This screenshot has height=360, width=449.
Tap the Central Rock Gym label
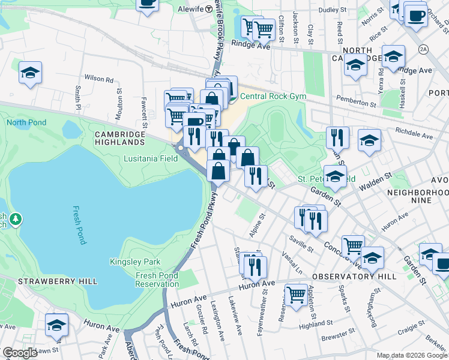(x=273, y=97)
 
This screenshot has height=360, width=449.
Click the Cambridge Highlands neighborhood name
(x=119, y=138)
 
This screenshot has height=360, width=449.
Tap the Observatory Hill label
(x=354, y=277)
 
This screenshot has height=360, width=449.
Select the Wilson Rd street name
(x=99, y=79)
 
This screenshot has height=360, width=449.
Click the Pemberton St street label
(x=356, y=103)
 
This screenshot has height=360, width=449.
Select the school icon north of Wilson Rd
(x=30, y=73)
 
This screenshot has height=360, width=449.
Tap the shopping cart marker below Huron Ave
(x=296, y=295)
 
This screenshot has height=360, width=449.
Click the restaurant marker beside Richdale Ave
(x=338, y=137)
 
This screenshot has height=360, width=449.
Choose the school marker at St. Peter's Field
(x=335, y=176)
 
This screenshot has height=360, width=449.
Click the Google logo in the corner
(x=20, y=353)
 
